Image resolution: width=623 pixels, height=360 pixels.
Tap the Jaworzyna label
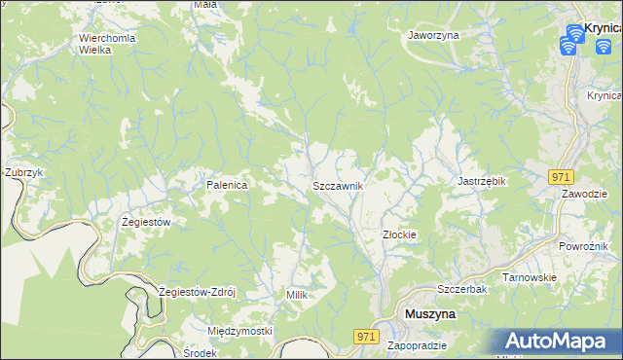(433, 34)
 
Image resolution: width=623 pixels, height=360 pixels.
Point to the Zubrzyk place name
(25, 172)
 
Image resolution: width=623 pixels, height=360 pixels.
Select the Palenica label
(227, 184)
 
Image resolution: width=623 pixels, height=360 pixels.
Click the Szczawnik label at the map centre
(338, 185)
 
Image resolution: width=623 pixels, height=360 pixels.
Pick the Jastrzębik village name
(483, 181)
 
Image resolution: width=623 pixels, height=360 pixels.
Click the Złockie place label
(399, 234)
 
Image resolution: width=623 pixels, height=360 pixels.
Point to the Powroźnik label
(584, 246)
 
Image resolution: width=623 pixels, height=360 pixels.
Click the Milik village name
(297, 294)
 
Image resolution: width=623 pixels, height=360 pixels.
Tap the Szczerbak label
(461, 290)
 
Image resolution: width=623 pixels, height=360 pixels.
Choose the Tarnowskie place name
(529, 277)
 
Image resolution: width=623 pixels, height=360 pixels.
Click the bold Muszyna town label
(429, 315)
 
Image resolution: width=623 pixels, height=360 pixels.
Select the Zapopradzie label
(417, 345)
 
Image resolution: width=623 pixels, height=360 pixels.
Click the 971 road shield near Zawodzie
(560, 176)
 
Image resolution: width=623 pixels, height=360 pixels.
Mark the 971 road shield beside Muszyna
(365, 336)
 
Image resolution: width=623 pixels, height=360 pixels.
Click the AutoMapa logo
(559, 341)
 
